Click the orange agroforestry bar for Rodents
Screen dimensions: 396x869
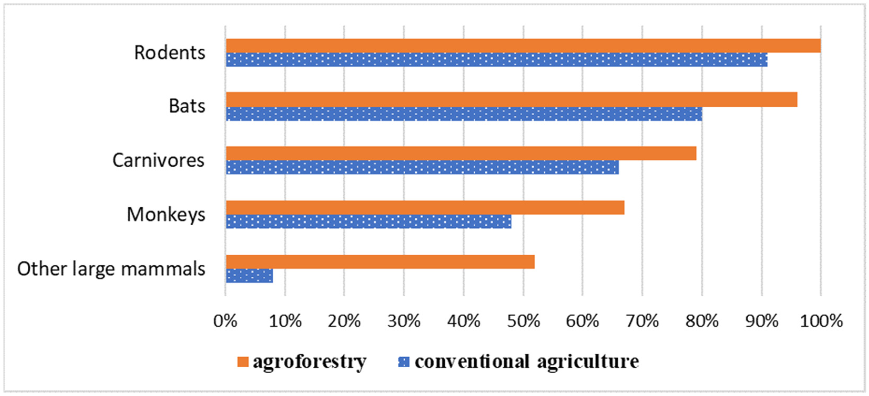tap(523, 46)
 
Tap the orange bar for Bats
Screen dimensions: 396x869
tap(511, 100)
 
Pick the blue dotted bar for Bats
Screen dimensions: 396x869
tap(464, 114)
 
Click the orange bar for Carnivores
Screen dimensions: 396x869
tap(461, 153)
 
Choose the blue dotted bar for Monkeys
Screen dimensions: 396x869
tap(368, 222)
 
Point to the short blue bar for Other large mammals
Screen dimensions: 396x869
tap(249, 276)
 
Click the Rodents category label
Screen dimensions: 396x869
tap(170, 53)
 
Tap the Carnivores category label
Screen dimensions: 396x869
tap(158, 160)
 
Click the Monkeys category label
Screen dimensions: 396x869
tap(166, 215)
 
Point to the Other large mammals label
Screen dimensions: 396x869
tap(111, 269)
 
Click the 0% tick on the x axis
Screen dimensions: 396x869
tap(225, 321)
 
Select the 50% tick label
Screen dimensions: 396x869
tap(523, 321)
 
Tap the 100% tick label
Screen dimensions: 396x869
tap(821, 321)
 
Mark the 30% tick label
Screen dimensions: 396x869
tap(404, 321)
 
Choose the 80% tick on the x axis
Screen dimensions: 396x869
tap(702, 321)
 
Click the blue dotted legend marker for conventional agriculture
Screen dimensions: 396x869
tap(404, 362)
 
